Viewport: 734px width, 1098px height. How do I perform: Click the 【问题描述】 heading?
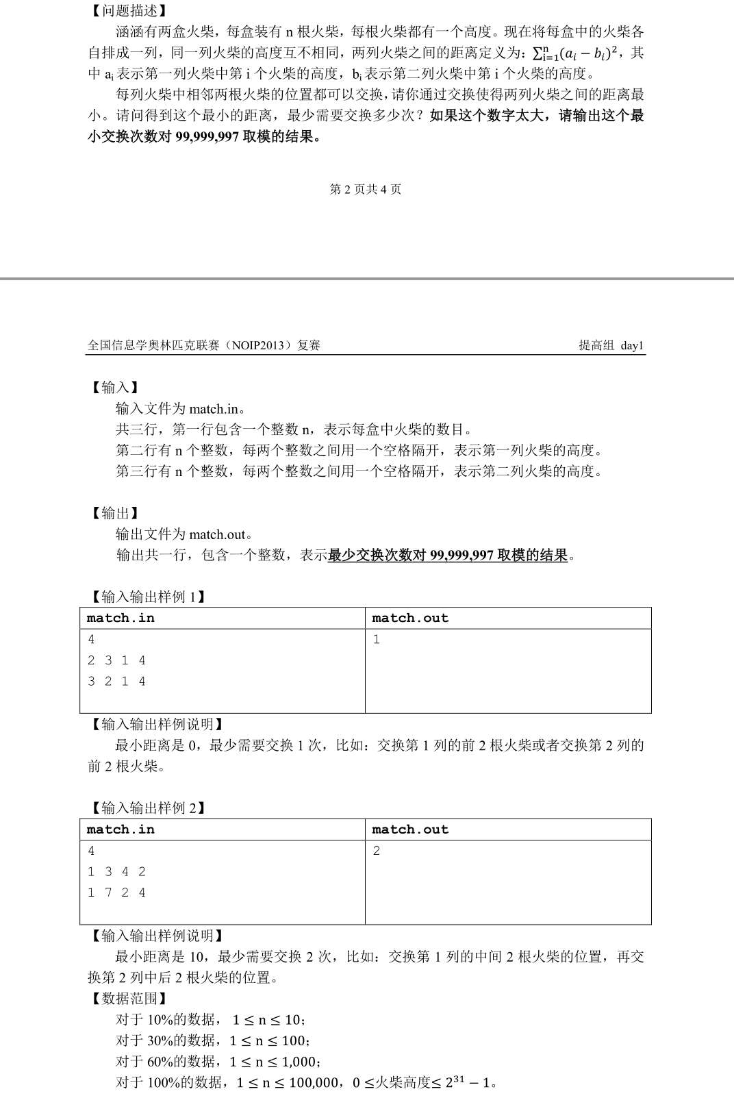coord(128,11)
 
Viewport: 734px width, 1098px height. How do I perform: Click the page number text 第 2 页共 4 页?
coord(366,189)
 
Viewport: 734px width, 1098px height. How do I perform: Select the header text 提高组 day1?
coord(611,345)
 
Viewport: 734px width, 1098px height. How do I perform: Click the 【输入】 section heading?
coord(115,388)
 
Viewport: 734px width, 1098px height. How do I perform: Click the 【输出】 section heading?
coord(115,513)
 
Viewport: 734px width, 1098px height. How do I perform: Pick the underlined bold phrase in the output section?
coord(448,555)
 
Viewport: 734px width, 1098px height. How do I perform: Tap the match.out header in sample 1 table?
coord(410,618)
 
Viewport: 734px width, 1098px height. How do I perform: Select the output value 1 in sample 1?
coord(377,639)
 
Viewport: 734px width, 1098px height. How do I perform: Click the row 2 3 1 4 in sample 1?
coord(116,660)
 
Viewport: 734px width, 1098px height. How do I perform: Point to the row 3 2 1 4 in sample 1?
coord(116,681)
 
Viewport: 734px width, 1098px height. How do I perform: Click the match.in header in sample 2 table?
coord(121,829)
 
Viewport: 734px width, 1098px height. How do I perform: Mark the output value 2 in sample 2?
coord(377,851)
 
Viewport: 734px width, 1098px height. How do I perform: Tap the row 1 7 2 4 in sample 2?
coord(116,892)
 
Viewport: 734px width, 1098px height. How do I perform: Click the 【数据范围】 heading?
coord(129,998)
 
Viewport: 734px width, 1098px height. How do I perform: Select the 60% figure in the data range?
coord(160,1062)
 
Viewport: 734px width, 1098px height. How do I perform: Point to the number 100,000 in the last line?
coord(306,1083)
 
